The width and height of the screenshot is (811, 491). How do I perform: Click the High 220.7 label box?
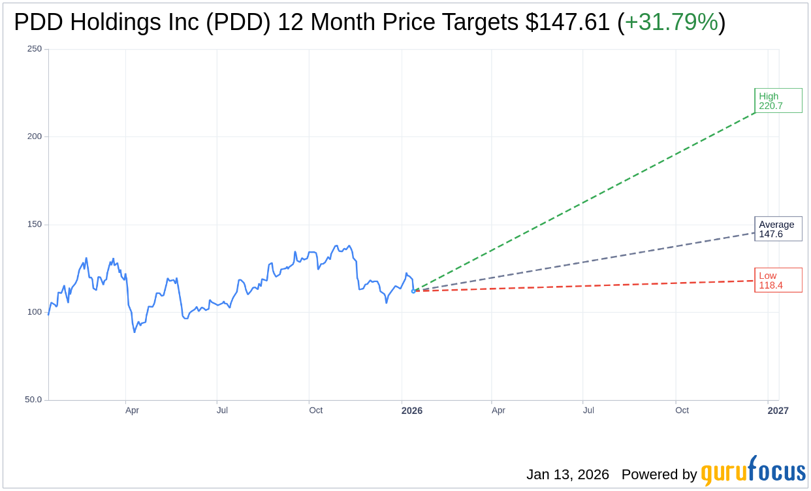778,101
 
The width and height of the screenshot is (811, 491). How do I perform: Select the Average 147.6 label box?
778,229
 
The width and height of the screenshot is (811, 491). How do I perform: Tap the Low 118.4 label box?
778,280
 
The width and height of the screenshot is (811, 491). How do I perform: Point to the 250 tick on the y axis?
34,49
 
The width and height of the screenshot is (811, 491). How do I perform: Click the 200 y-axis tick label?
34,136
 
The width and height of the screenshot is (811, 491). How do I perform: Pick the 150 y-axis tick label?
34,225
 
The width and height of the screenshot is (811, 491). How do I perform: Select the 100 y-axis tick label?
34,312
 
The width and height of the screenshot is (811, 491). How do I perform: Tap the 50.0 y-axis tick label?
33,400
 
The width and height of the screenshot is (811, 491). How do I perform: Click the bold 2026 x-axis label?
412,411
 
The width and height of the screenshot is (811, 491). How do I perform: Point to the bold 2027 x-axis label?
778,411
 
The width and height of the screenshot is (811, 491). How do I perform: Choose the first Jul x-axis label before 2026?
222,411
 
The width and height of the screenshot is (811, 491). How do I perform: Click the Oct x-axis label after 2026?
682,411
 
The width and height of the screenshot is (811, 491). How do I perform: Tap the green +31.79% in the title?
671,22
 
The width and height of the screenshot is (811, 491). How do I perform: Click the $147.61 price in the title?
567,22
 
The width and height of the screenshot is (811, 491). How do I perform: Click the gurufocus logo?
753,471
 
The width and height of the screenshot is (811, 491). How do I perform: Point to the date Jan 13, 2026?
567,475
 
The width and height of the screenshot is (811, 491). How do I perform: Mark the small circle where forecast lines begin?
413,291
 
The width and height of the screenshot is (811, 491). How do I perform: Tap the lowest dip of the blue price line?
135,332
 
